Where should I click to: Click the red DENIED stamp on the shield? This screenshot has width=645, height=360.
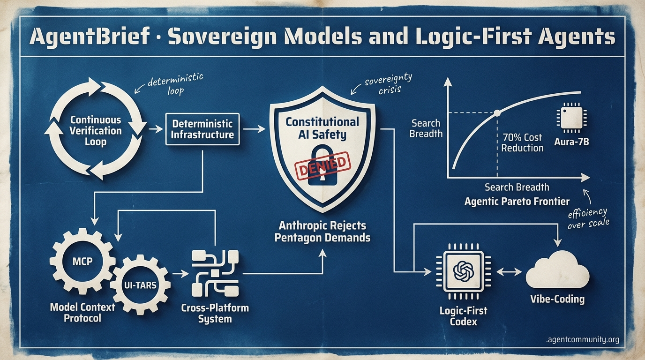pos(322,166)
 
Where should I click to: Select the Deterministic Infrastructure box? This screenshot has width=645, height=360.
pos(202,129)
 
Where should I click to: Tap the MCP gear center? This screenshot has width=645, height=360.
pos(82,261)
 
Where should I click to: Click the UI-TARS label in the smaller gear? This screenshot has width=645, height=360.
pos(140,285)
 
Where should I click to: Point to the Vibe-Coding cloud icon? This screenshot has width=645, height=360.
pos(557,270)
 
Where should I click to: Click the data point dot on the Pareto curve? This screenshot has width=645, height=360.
pos(497,113)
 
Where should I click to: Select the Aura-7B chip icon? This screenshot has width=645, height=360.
pos(571,118)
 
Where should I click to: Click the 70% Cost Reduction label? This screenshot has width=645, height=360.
pos(522,142)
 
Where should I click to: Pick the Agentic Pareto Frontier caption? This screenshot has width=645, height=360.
pos(517,201)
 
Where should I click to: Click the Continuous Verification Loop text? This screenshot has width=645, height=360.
pos(96,131)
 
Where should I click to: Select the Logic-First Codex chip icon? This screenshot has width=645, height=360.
pos(463,271)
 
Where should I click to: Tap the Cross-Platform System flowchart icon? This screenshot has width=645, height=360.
pos(215,274)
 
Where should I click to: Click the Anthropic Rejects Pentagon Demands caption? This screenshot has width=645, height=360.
pos(322,232)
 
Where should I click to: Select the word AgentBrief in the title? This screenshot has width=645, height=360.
pos(90,37)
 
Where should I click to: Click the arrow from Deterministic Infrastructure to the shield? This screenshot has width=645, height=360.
pos(254,129)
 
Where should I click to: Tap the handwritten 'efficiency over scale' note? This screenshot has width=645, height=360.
pos(588,218)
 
